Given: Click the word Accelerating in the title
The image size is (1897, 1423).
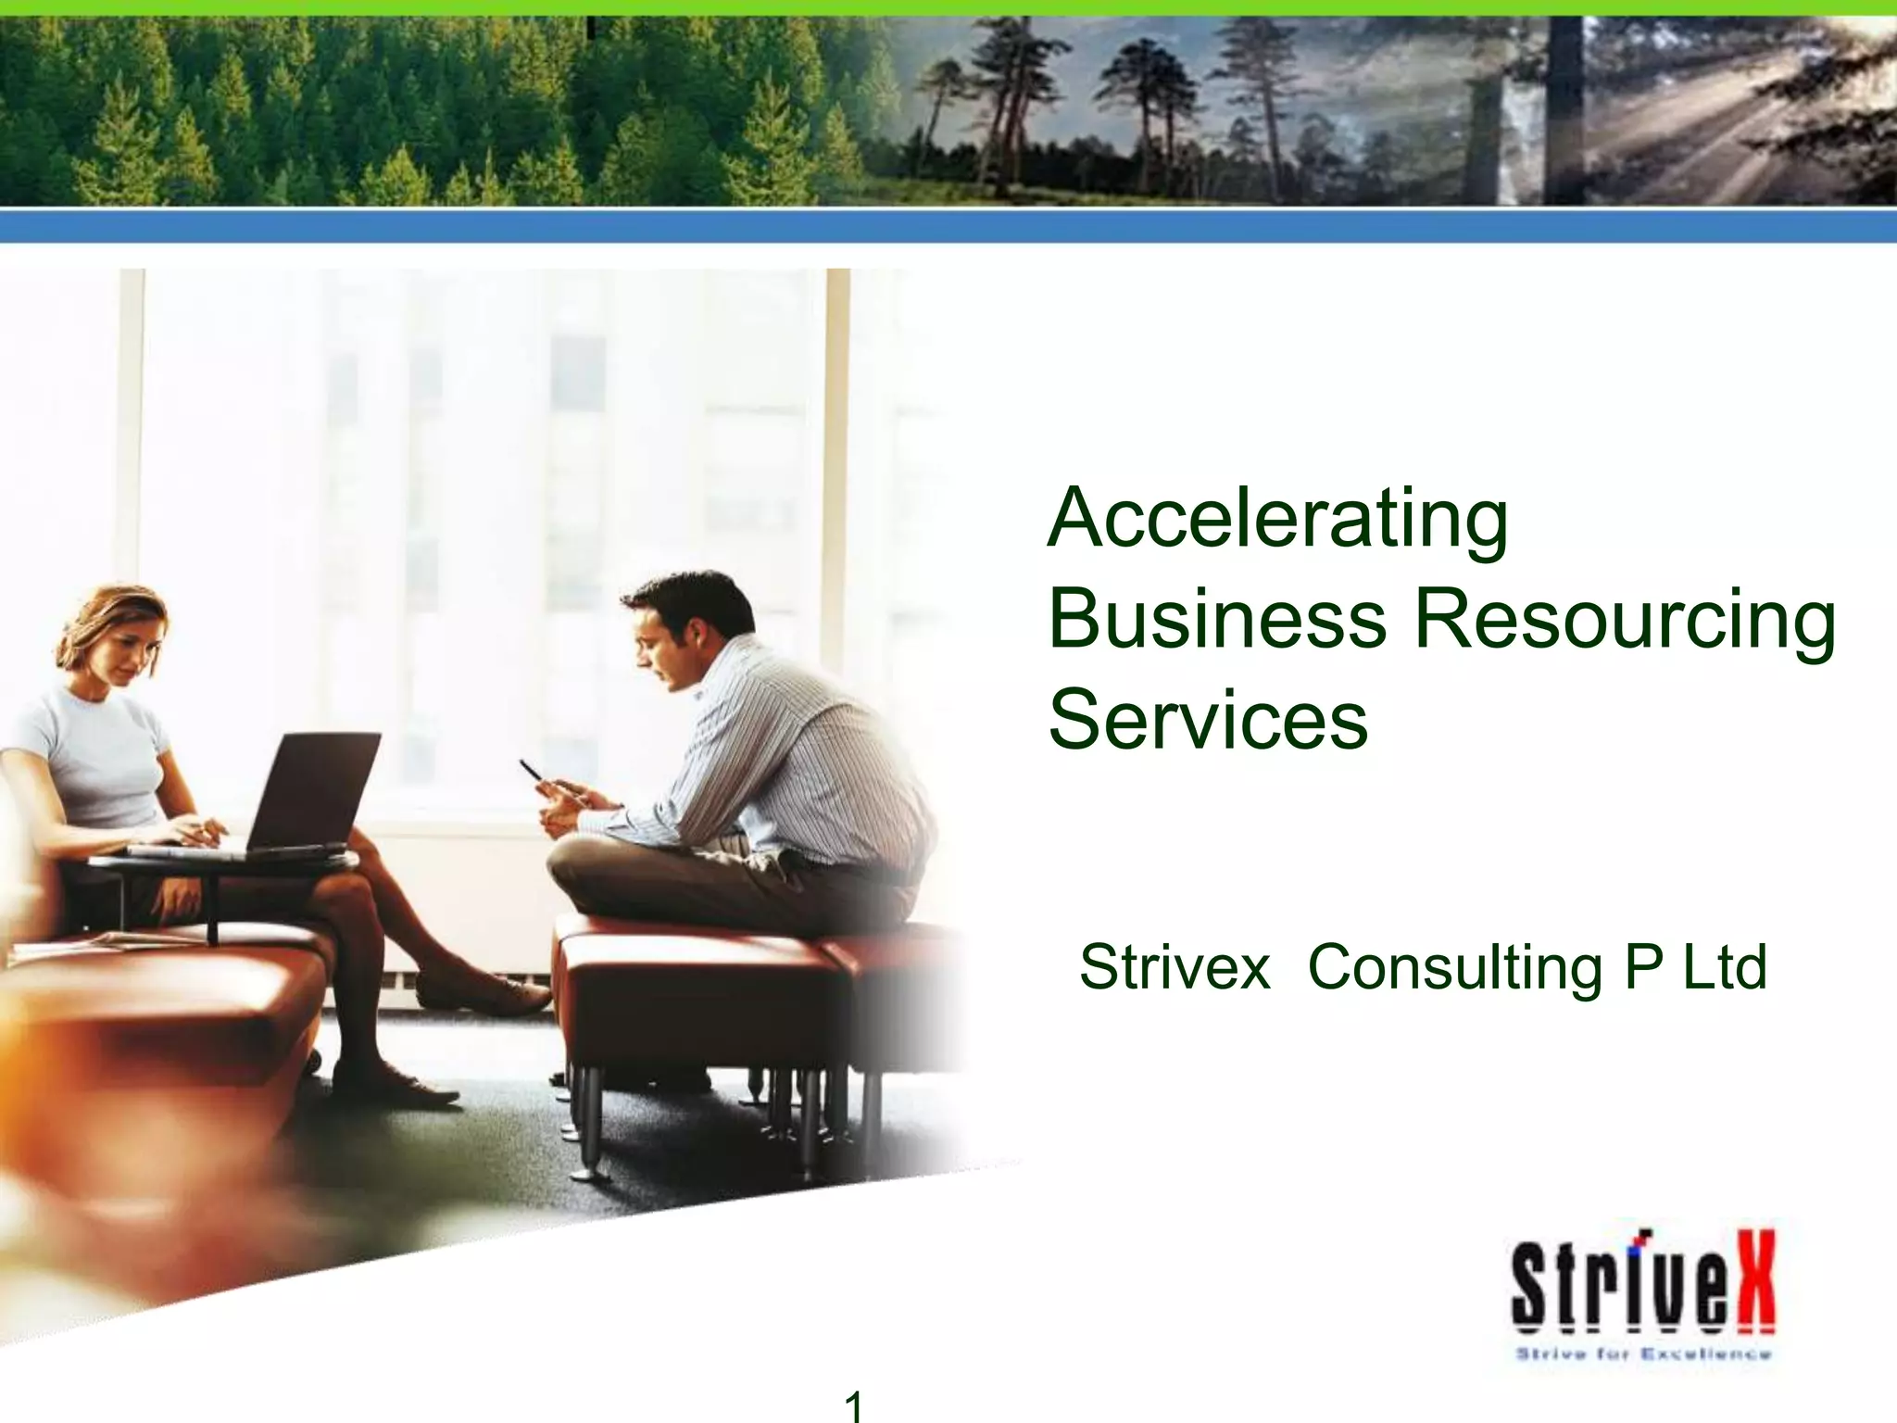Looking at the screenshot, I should pyautogui.click(x=1277, y=520).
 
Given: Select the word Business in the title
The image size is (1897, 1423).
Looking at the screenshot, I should pyautogui.click(x=1217, y=620).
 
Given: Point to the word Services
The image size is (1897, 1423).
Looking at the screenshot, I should pyautogui.click(x=1208, y=721).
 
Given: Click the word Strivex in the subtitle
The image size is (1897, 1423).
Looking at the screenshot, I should pyautogui.click(x=1174, y=967).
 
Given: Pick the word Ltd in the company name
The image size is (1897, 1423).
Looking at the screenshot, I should pyautogui.click(x=1724, y=967).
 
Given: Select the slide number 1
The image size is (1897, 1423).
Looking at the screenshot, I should pyautogui.click(x=854, y=1406).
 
